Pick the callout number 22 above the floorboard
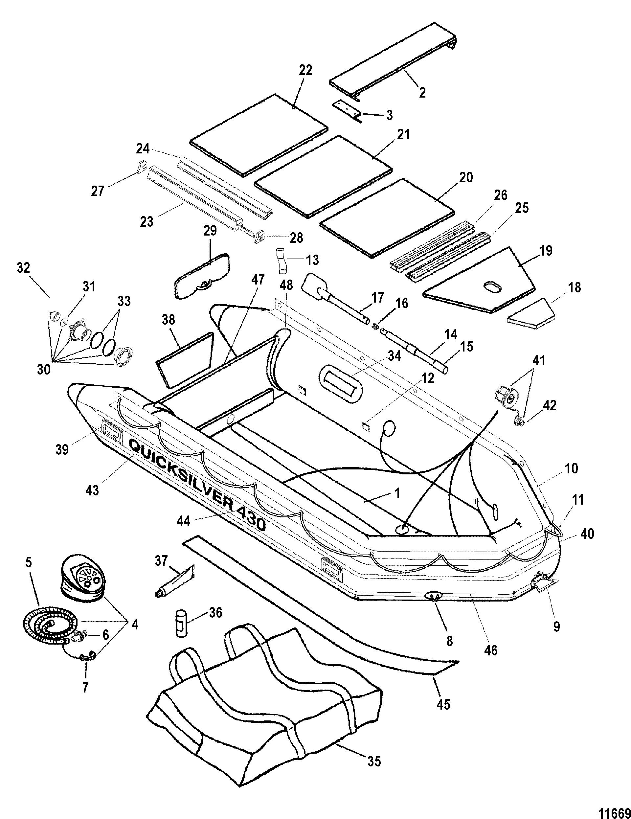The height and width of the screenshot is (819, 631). pyautogui.click(x=305, y=70)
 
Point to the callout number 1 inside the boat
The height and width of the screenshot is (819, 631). pyautogui.click(x=397, y=493)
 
